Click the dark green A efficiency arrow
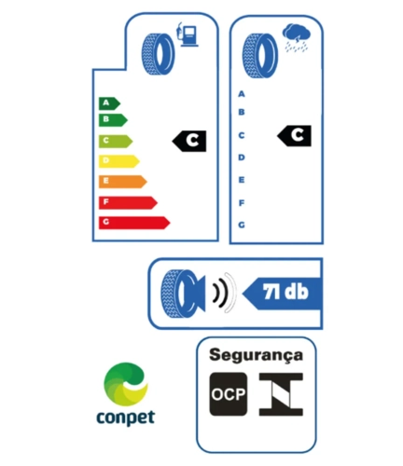click(x=109, y=103)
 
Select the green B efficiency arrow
click(x=113, y=120)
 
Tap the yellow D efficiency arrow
click(x=118, y=161)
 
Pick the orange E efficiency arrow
click(x=122, y=182)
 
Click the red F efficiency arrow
click(x=128, y=202)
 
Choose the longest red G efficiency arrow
click(x=134, y=223)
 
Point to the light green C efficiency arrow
click(x=116, y=141)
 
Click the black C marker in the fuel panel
click(x=189, y=141)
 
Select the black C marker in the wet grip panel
click(x=294, y=136)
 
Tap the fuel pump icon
click(x=188, y=34)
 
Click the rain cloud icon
click(x=297, y=38)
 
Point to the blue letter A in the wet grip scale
click(x=242, y=94)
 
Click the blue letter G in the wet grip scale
click(x=242, y=225)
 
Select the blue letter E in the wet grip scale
click(x=242, y=180)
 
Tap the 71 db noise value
click(x=285, y=292)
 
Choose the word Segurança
click(x=256, y=355)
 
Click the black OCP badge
click(x=229, y=394)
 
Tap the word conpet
click(x=126, y=418)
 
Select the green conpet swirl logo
click(x=126, y=384)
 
